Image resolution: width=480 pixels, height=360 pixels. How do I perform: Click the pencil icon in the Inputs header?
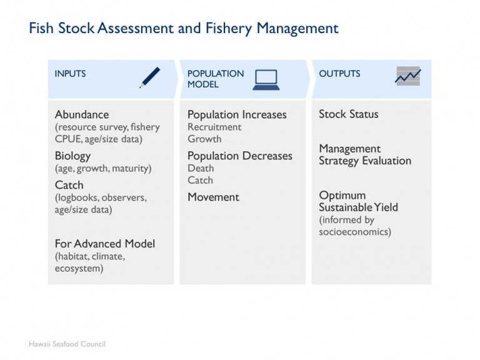(x=150, y=77)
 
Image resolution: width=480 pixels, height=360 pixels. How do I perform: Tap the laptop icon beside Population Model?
(x=266, y=79)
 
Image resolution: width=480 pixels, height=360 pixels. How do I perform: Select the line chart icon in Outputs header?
(x=407, y=76)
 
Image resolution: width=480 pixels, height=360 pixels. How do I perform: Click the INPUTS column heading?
(x=70, y=74)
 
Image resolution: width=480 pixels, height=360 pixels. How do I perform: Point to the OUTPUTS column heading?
(x=339, y=74)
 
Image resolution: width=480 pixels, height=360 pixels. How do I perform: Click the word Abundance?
(x=82, y=114)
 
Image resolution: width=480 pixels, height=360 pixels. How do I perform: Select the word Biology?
(x=72, y=156)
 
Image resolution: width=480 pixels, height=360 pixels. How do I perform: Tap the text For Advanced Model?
(x=105, y=244)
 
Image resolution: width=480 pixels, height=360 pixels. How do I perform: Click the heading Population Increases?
(x=237, y=114)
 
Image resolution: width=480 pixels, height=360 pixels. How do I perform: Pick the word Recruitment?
(x=214, y=127)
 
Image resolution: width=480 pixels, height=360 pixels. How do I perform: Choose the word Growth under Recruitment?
(x=204, y=139)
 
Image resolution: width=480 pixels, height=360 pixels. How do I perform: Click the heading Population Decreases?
(x=240, y=156)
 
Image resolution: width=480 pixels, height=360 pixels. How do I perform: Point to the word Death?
(x=201, y=168)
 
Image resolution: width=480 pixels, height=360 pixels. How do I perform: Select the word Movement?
(x=213, y=197)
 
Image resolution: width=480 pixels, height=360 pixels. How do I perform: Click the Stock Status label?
(x=349, y=114)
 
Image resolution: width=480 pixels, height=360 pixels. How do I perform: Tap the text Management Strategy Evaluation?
(x=365, y=154)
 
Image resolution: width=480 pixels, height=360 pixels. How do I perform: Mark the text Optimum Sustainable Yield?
(x=358, y=201)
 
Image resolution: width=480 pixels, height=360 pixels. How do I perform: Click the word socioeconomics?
(x=355, y=232)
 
